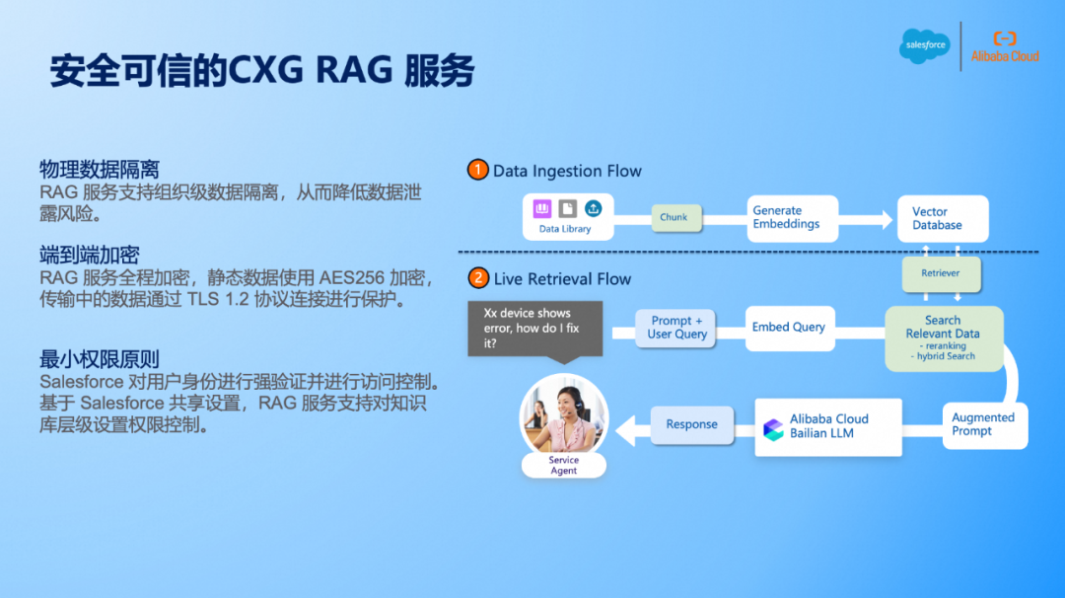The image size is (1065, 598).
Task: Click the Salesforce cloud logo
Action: [x=924, y=45]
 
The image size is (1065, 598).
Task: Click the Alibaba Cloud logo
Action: [x=1005, y=46]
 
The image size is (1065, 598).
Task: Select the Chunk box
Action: [x=674, y=217]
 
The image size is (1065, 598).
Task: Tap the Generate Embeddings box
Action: [x=786, y=218]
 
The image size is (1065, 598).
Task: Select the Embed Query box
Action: [x=788, y=328]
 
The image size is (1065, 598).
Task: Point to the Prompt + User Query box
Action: [x=677, y=328]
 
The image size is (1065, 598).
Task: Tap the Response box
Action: [x=691, y=424]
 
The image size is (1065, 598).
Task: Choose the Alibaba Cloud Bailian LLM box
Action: [x=828, y=426]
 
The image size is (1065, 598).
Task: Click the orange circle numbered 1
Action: [x=478, y=171]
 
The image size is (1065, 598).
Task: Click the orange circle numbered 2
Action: [x=478, y=279]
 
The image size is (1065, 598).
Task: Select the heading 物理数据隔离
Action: [x=100, y=170]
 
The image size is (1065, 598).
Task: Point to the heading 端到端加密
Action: [x=90, y=256]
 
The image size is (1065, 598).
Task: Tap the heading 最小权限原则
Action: [x=100, y=359]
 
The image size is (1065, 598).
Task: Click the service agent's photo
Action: [x=563, y=417]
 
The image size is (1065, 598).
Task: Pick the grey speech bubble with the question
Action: [x=533, y=329]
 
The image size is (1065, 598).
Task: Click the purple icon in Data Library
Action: [x=542, y=209]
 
